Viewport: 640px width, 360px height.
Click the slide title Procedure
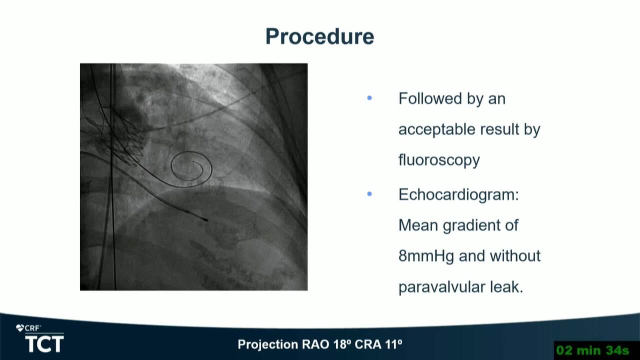click(x=319, y=37)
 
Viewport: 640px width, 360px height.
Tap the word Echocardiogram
click(x=458, y=194)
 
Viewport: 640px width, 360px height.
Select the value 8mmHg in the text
click(x=426, y=256)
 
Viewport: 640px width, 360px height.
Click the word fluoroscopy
click(x=439, y=160)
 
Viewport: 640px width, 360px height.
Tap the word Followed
click(x=430, y=98)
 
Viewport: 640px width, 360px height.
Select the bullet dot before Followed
click(x=369, y=98)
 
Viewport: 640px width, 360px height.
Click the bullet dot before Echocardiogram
click(x=369, y=194)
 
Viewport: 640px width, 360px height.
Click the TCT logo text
click(x=44, y=344)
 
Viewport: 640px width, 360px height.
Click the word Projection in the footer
click(x=267, y=344)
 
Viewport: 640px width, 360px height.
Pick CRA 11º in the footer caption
click(x=378, y=344)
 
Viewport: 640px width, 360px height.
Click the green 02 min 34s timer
click(x=593, y=350)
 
